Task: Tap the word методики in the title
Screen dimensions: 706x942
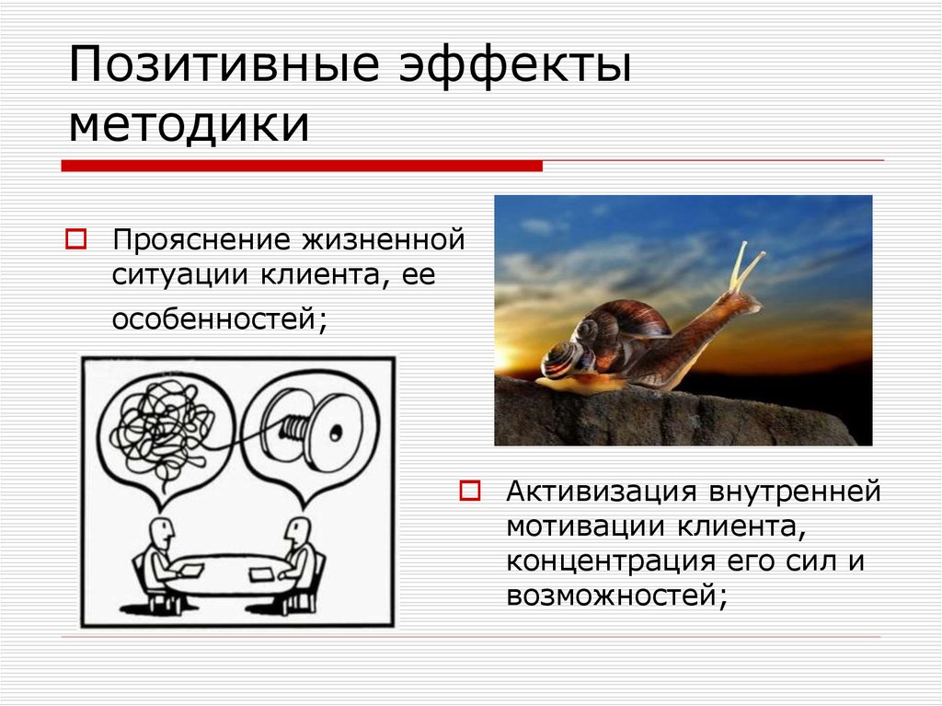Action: click(x=189, y=125)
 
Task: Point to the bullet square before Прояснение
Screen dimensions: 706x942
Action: click(x=75, y=242)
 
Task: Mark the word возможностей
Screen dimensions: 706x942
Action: click(x=615, y=596)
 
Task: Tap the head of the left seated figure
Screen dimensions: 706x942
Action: click(x=162, y=530)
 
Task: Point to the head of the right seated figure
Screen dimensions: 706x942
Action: click(x=296, y=530)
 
